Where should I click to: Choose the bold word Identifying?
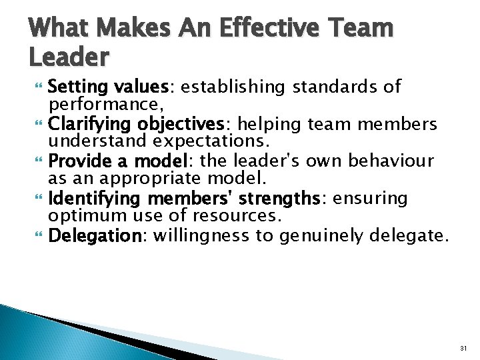pyautogui.click(x=96, y=198)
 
